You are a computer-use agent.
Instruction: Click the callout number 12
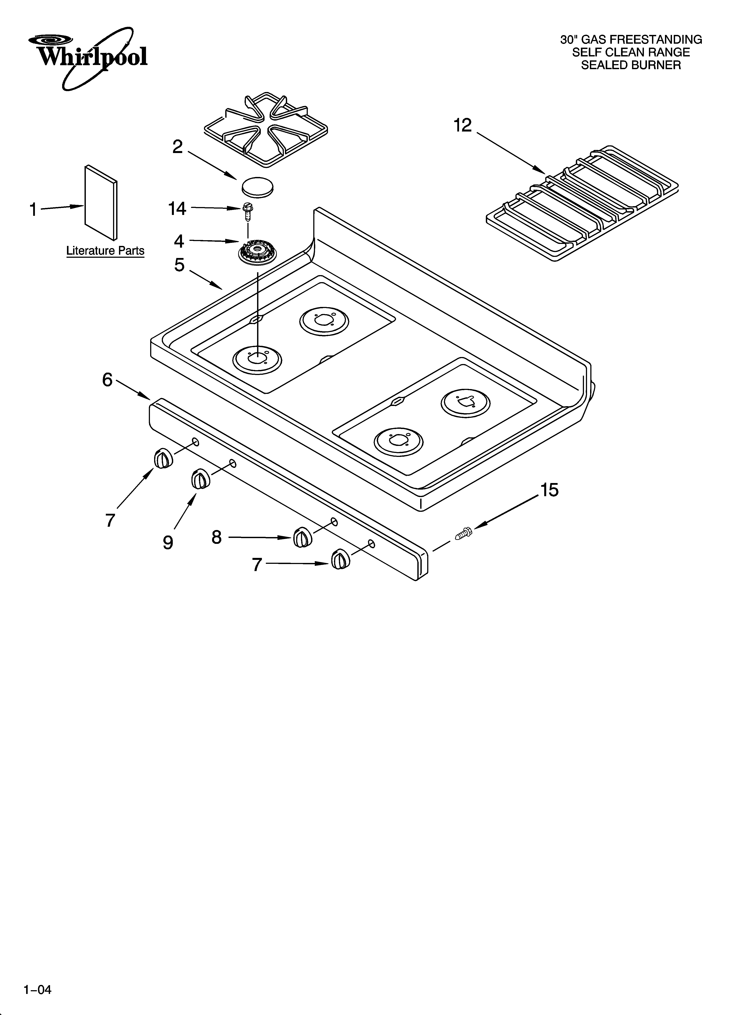(463, 126)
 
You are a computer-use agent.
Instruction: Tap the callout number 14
(177, 209)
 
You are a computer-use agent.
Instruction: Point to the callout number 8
(217, 537)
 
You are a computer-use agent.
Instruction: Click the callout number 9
(168, 543)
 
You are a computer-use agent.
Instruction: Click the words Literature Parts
(105, 251)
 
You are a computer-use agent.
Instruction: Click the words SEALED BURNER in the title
(631, 65)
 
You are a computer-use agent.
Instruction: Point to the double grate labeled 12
(582, 204)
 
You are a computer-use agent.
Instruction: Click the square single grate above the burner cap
(266, 130)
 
